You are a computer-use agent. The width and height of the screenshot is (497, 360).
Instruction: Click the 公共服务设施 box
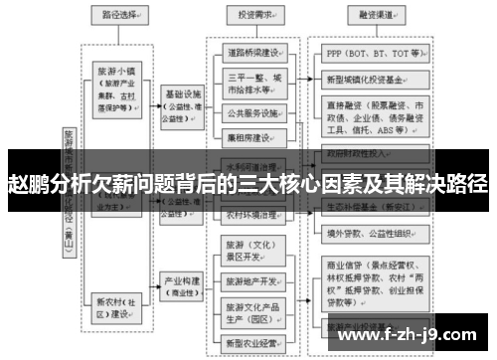[255, 111]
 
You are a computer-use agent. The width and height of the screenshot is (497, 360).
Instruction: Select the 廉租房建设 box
[255, 136]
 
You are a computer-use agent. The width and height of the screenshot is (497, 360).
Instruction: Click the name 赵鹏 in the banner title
[28, 185]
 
